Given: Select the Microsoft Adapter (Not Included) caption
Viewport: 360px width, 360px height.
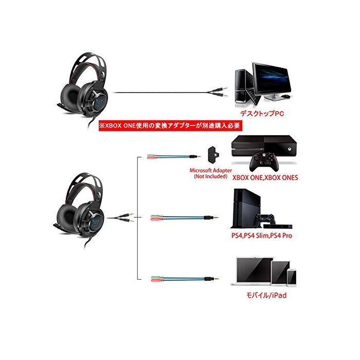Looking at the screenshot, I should [x=210, y=173].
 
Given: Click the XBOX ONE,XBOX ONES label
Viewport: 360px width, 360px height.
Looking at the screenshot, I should [x=265, y=178].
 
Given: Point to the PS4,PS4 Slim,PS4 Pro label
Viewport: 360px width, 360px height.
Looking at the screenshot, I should [x=264, y=237].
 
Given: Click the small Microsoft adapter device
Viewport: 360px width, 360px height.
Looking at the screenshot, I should [x=211, y=154].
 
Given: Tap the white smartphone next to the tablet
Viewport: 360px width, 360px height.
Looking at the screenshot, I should [x=292, y=277].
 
